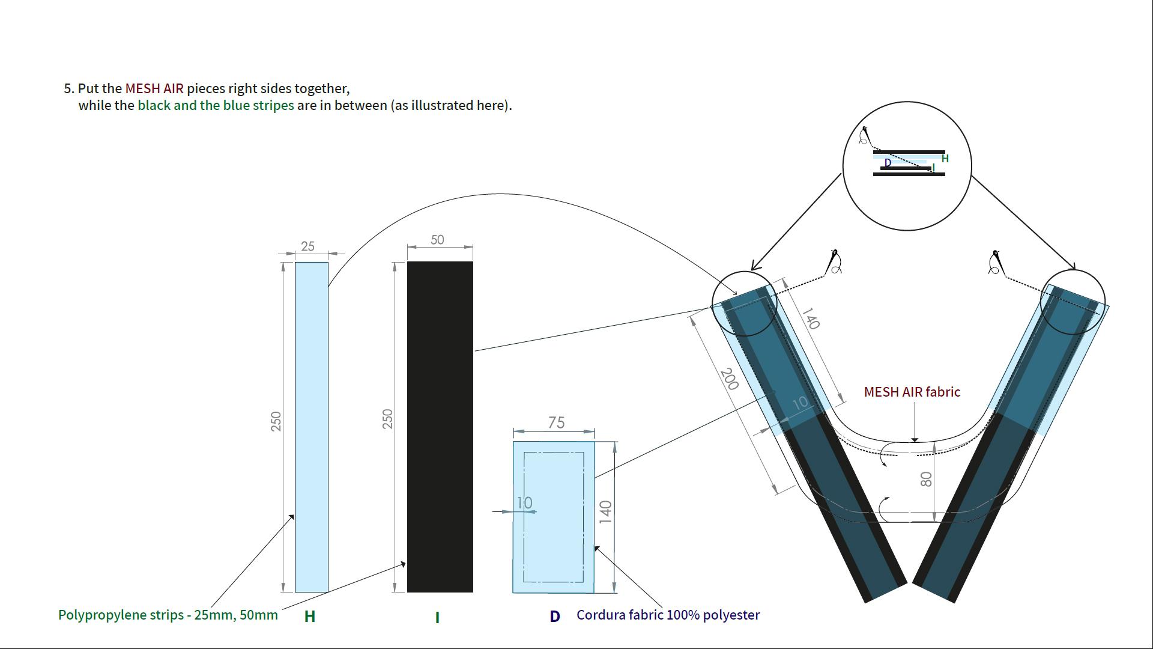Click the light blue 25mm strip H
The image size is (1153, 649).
[311, 427]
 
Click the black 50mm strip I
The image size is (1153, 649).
[440, 427]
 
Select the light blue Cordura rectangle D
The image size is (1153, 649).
[554, 517]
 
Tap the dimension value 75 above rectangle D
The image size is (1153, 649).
[556, 422]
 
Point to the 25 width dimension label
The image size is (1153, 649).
[307, 246]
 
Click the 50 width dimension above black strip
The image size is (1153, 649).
[437, 240]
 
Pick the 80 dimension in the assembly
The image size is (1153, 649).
[926, 479]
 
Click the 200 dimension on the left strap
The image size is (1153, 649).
[729, 379]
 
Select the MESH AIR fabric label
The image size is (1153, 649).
[912, 392]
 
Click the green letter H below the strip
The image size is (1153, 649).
[310, 616]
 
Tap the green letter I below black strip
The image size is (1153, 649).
[437, 617]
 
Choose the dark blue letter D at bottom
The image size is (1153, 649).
[555, 617]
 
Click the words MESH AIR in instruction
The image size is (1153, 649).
[154, 88]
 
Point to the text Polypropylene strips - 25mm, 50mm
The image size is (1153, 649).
[168, 615]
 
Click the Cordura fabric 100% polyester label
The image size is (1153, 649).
[668, 615]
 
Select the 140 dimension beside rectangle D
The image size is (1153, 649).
[605, 512]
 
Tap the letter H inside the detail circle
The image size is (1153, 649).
[945, 159]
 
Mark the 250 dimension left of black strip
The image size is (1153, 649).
[387, 419]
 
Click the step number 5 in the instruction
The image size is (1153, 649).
[67, 88]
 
